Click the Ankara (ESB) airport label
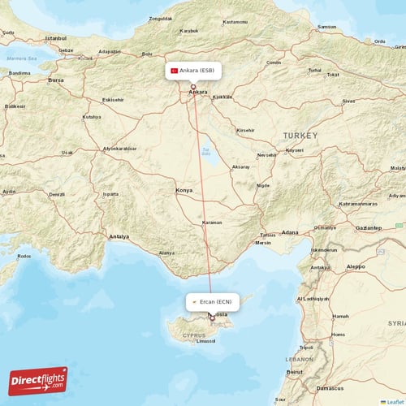tap(197, 71)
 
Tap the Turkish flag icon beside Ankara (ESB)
tap(174, 71)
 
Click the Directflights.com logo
tap(38, 380)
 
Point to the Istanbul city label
tap(56, 38)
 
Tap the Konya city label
tap(185, 191)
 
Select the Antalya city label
tap(119, 236)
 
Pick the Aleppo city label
tap(356, 266)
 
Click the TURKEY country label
tap(300, 135)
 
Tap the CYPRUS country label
tap(194, 334)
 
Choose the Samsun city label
tap(326, 27)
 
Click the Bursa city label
tap(56, 81)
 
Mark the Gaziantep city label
tap(367, 228)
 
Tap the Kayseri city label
tap(295, 150)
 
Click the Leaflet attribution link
tap(395, 401)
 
